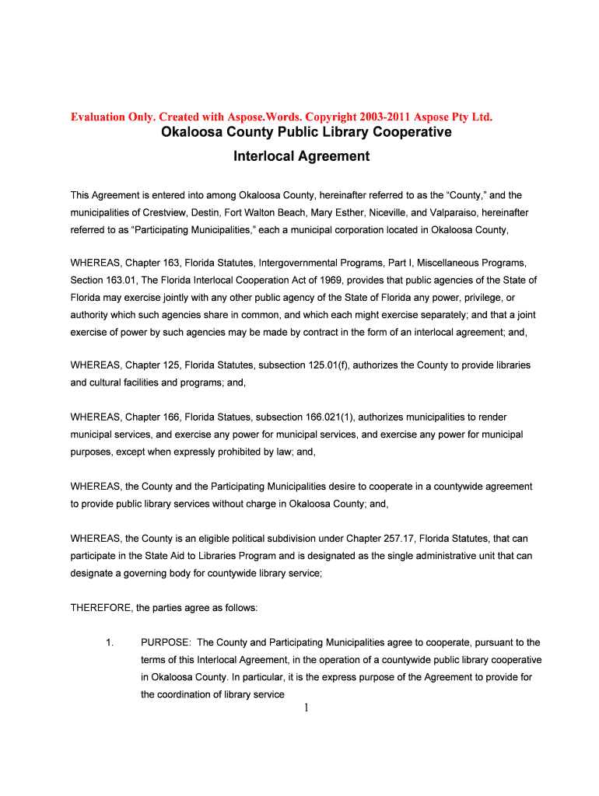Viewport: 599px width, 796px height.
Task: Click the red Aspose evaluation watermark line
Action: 282,117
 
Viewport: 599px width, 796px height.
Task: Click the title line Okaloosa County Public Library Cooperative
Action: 306,132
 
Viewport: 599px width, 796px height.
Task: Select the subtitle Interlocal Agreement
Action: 302,156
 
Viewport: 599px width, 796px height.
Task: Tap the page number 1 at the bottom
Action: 307,707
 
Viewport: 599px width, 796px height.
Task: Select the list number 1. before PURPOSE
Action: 110,643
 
